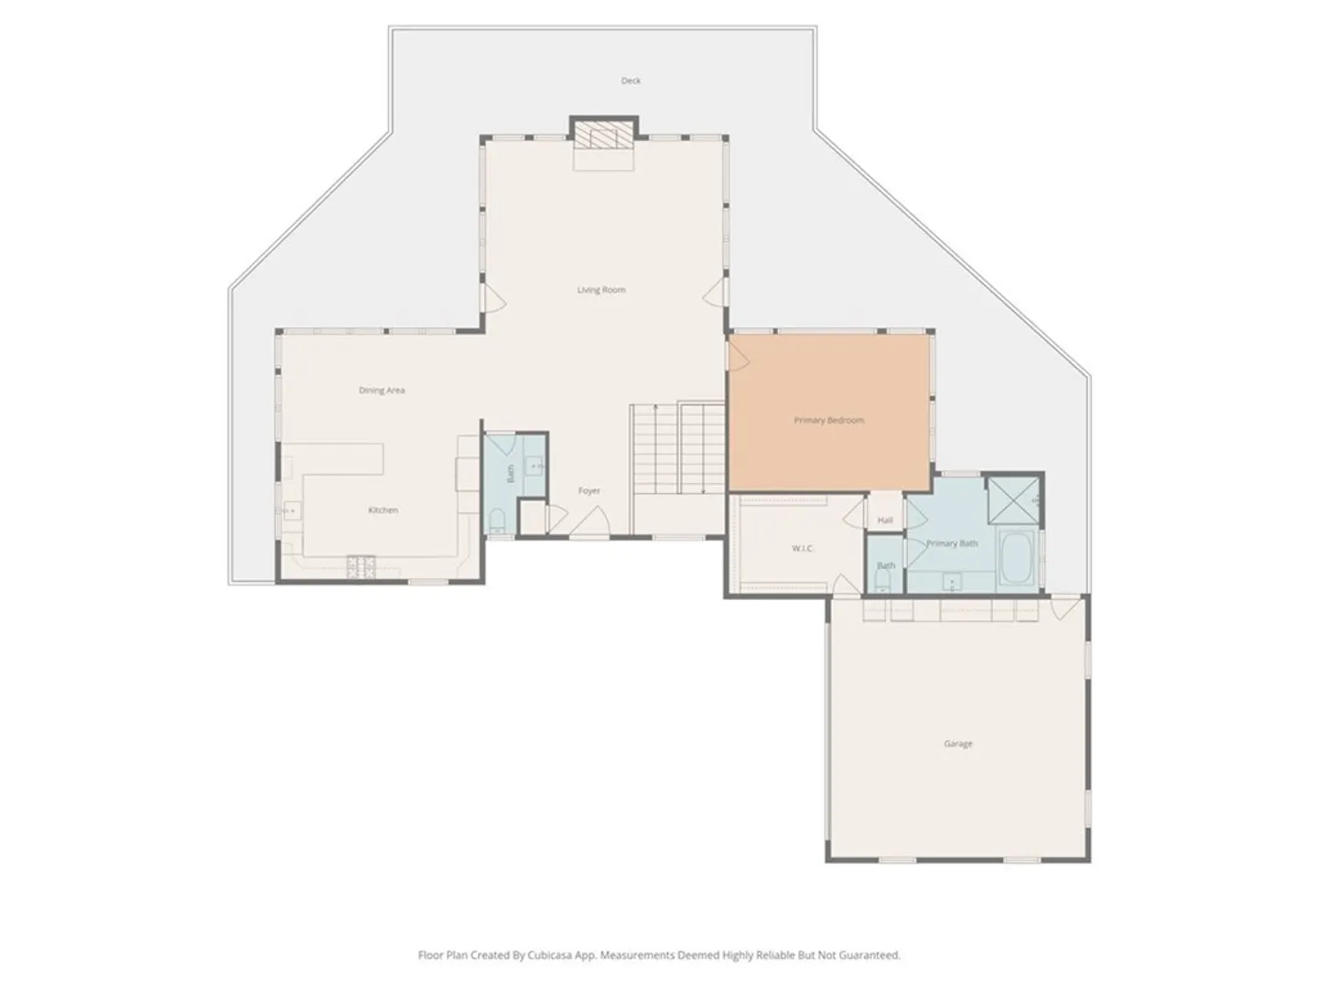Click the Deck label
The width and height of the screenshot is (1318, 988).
pyautogui.click(x=631, y=81)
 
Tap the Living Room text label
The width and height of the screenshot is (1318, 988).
pyautogui.click(x=601, y=290)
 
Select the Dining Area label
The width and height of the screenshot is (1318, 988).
pyautogui.click(x=382, y=391)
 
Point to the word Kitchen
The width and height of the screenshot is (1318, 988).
pyautogui.click(x=384, y=510)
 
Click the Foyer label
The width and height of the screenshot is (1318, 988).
pyautogui.click(x=589, y=490)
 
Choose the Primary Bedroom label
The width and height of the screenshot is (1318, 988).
pyautogui.click(x=828, y=421)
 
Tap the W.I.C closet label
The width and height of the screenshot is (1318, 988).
pyautogui.click(x=802, y=548)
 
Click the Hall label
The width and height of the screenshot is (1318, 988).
pyautogui.click(x=885, y=521)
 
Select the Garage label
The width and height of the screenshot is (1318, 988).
pyautogui.click(x=957, y=744)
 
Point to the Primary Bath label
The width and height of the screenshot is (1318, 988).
pyautogui.click(x=952, y=543)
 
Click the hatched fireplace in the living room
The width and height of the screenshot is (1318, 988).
pyautogui.click(x=603, y=135)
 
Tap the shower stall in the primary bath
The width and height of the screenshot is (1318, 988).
pyautogui.click(x=1013, y=500)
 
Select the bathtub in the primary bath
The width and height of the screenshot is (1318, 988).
pyautogui.click(x=1016, y=557)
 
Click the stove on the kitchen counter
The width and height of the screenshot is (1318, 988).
pyautogui.click(x=361, y=567)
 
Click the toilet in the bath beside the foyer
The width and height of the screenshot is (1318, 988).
pyautogui.click(x=497, y=521)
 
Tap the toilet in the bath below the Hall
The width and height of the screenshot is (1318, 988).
pyautogui.click(x=882, y=581)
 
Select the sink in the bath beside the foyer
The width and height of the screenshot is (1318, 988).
pyautogui.click(x=534, y=466)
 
